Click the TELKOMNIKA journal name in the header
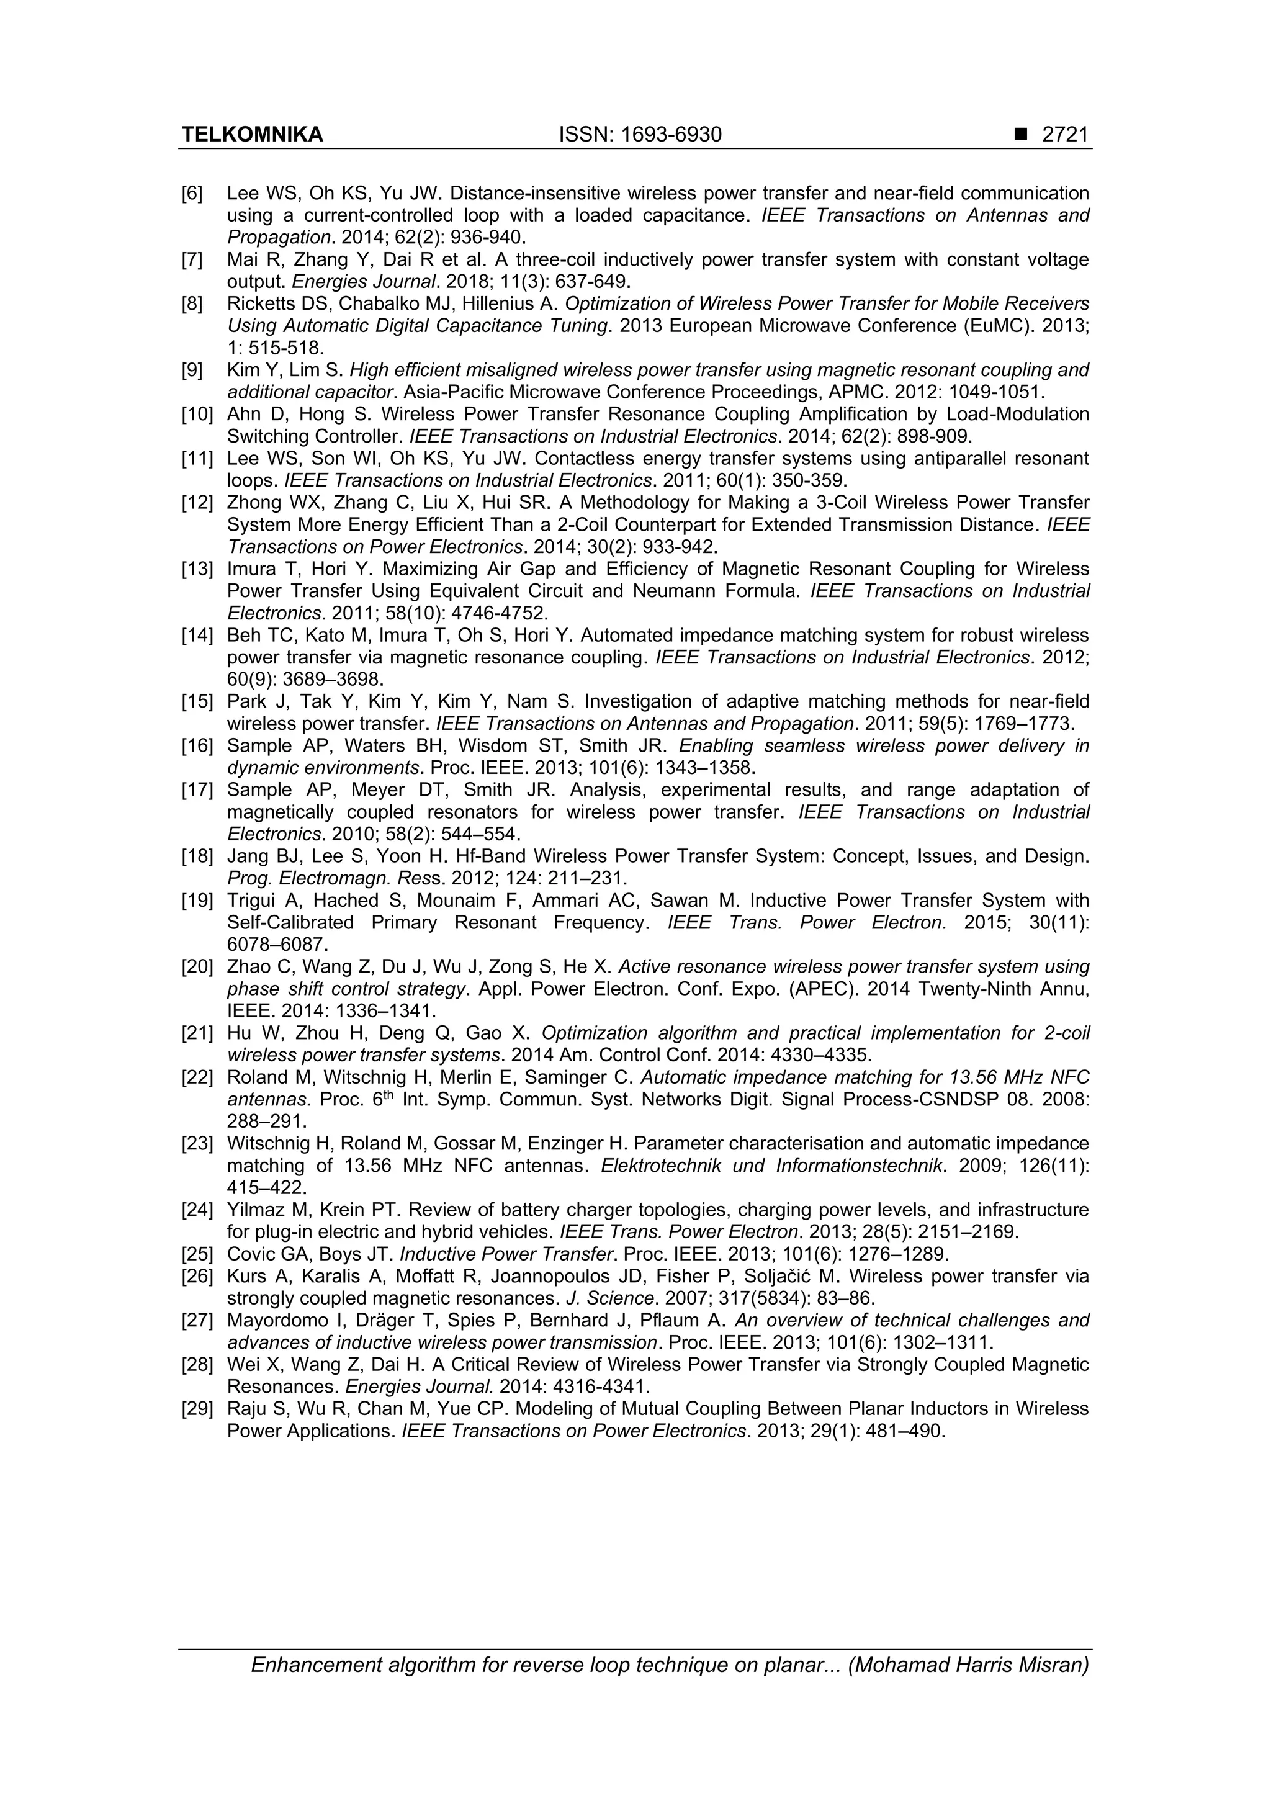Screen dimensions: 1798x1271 click(252, 135)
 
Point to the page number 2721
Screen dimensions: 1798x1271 click(1065, 135)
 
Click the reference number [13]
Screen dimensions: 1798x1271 click(197, 569)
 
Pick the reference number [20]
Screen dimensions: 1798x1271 click(197, 967)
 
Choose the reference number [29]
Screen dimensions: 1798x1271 click(197, 1409)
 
